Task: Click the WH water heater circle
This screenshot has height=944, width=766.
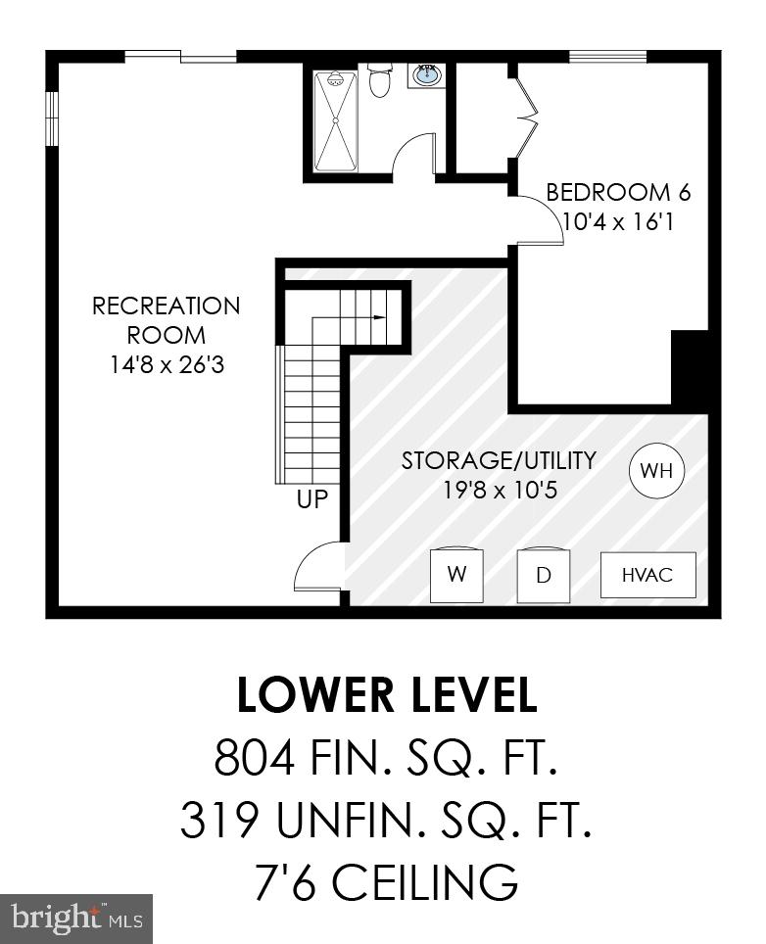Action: coord(655,471)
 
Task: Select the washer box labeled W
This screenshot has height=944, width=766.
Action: coord(456,575)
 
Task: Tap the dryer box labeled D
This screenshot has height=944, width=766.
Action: coord(544,575)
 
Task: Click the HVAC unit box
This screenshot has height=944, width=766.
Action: coord(647,575)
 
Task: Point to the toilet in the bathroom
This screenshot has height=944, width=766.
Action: coord(380,81)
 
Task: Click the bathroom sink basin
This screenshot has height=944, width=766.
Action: coord(426,74)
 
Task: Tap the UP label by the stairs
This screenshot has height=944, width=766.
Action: coord(312,500)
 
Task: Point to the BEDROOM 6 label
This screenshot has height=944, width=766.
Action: coord(610,192)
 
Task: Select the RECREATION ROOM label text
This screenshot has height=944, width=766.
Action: coord(166,320)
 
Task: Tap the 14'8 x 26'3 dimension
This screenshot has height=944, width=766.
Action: coord(166,365)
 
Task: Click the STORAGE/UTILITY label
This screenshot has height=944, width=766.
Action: coord(499,460)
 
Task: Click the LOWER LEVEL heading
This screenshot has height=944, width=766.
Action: coord(387,695)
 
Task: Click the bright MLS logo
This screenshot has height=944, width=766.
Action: coord(76,919)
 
